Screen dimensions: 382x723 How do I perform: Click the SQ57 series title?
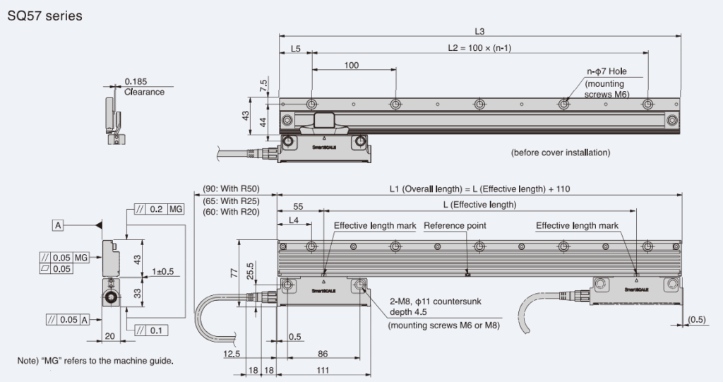tap(44, 16)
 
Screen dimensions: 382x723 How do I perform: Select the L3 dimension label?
tap(480, 30)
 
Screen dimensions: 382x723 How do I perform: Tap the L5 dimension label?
tap(295, 49)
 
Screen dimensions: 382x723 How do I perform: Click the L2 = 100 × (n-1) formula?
tap(480, 49)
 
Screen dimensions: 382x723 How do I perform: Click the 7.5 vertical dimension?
tap(263, 86)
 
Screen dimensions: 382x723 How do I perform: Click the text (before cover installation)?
tap(560, 153)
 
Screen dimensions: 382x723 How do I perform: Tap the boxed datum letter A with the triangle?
tap(58, 225)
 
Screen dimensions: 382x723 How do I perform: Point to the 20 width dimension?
tap(109, 336)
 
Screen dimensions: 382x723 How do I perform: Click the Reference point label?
tap(455, 226)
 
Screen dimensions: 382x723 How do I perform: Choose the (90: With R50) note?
tap(232, 189)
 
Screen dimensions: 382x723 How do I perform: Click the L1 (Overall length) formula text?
tap(479, 189)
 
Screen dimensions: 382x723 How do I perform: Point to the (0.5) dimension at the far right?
tap(698, 319)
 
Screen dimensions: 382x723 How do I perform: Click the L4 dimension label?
tap(295, 222)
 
